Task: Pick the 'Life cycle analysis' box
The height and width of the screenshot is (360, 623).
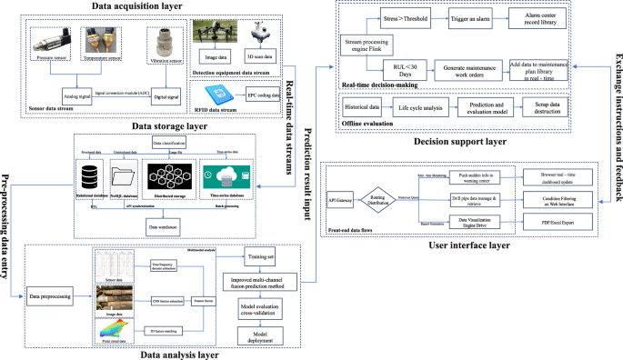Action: click(424, 106)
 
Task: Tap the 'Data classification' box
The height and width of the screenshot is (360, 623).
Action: click(169, 144)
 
